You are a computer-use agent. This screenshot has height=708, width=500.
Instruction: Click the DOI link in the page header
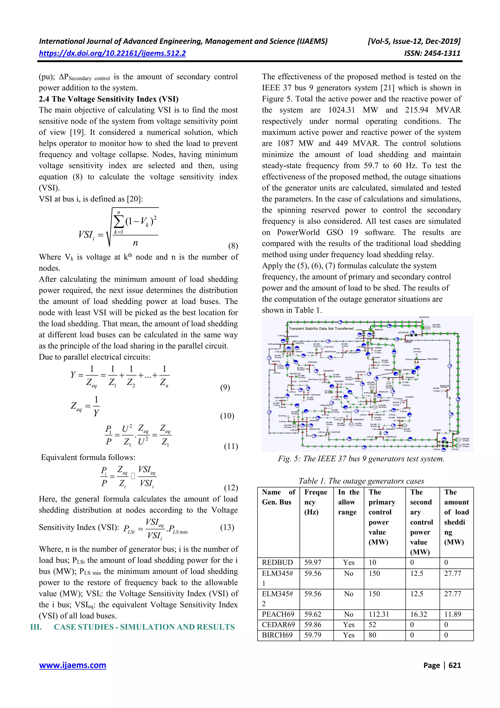[112, 53]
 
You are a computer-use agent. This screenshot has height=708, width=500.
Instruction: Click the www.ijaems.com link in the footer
[73, 665]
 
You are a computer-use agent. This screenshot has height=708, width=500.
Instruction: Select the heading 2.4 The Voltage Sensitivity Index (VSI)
[108, 99]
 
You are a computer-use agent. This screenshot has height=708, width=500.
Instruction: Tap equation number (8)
[233, 246]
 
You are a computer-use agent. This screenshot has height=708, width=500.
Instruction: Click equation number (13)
[227, 527]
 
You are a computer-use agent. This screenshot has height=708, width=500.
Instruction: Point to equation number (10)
[227, 416]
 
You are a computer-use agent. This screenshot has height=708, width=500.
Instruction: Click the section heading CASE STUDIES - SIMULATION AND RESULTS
[144, 627]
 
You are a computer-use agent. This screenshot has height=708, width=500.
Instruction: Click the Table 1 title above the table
[361, 481]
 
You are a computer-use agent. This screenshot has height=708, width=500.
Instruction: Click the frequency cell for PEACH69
[313, 614]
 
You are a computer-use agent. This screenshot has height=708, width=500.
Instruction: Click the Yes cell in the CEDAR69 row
[348, 624]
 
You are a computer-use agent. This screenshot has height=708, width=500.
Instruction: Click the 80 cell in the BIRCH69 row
[373, 635]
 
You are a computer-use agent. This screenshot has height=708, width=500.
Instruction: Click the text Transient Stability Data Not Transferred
[321, 328]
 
